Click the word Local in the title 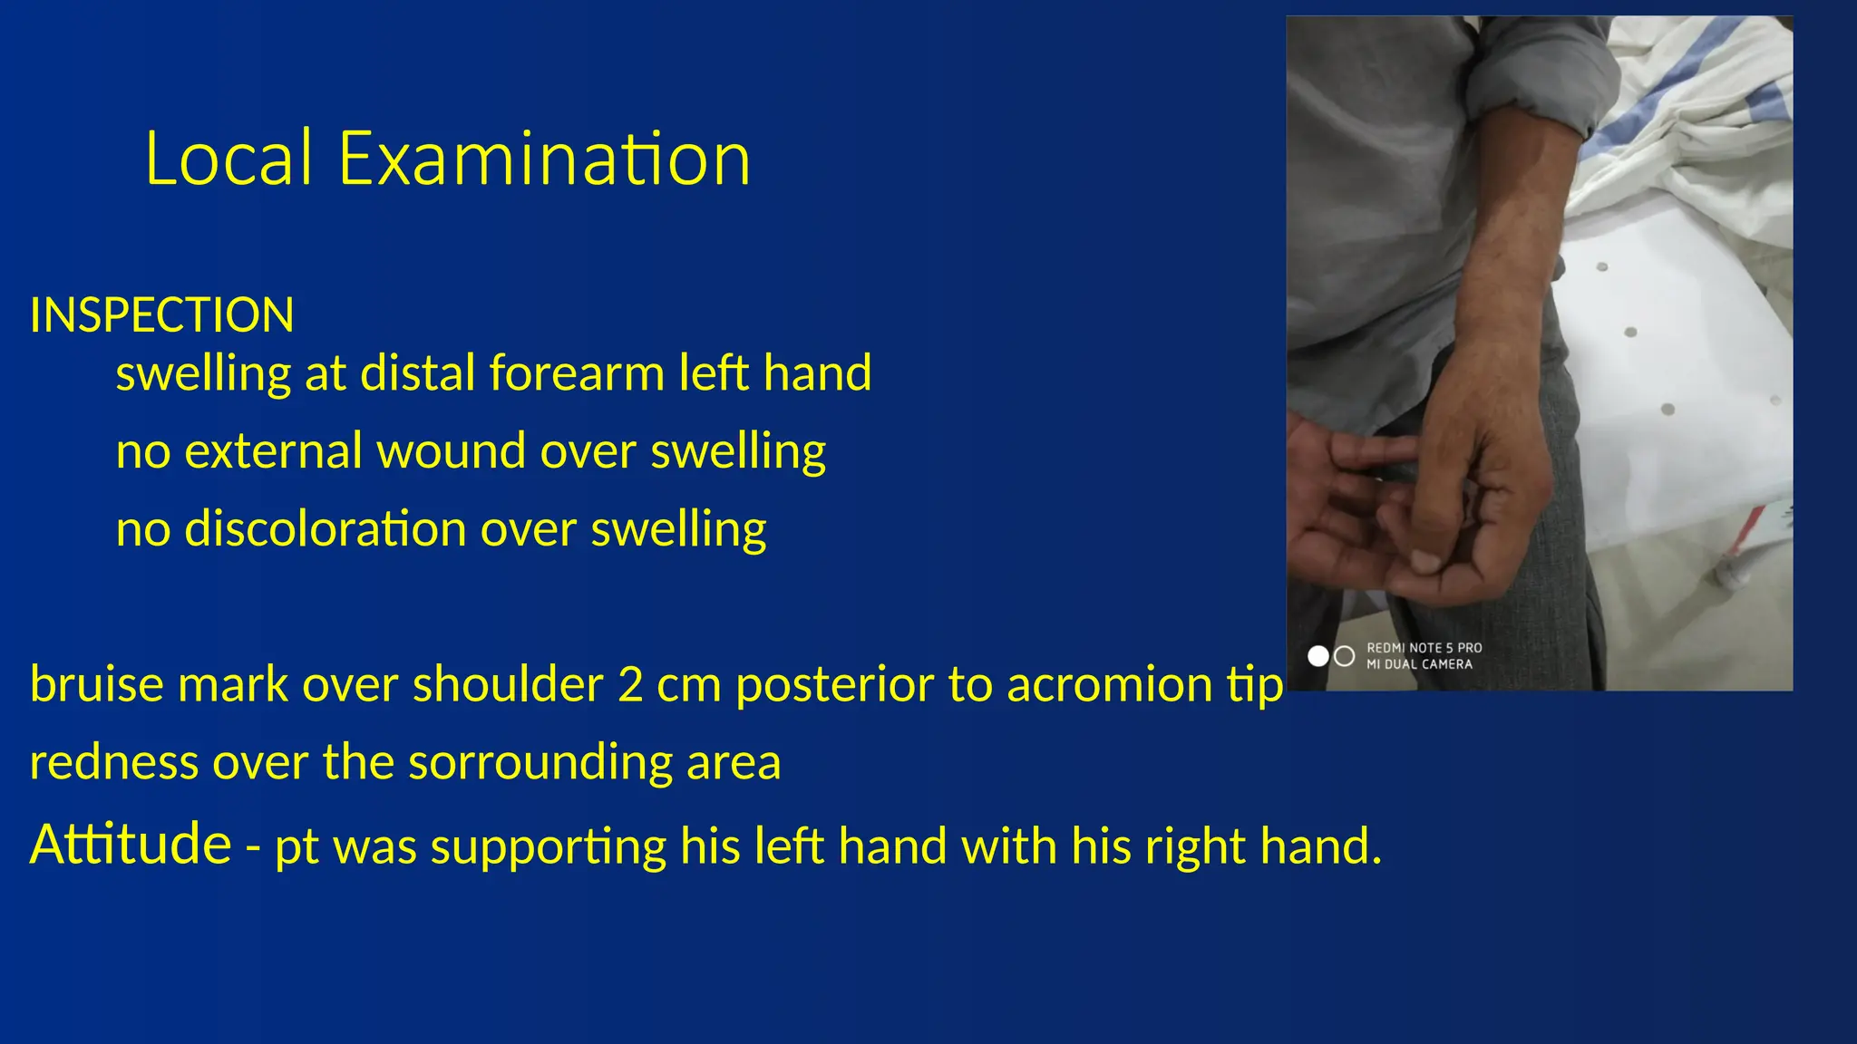pyautogui.click(x=228, y=159)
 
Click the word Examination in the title pyautogui.click(x=544, y=159)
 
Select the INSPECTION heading pyautogui.click(x=161, y=315)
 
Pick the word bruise pyautogui.click(x=96, y=684)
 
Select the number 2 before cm pyautogui.click(x=630, y=684)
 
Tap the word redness pyautogui.click(x=113, y=762)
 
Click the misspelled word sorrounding pyautogui.click(x=540, y=762)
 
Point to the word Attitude pyautogui.click(x=131, y=845)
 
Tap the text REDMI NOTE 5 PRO pyautogui.click(x=1424, y=648)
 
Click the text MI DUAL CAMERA pyautogui.click(x=1419, y=664)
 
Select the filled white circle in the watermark pyautogui.click(x=1317, y=656)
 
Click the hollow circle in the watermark pyautogui.click(x=1345, y=656)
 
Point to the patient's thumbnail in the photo pyautogui.click(x=1426, y=563)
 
